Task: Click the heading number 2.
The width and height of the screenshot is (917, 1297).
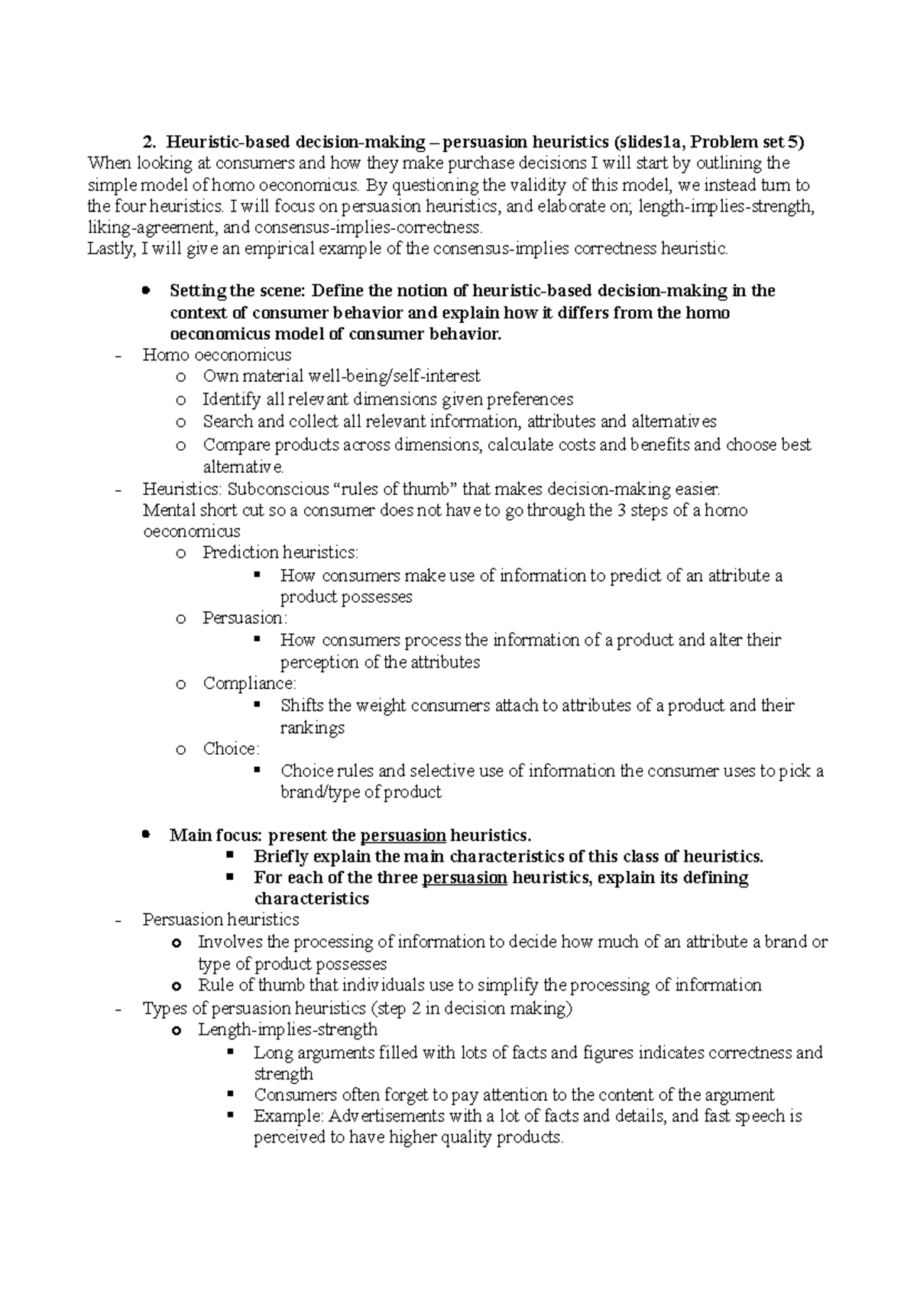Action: [149, 142]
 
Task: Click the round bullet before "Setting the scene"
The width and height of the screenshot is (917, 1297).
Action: [145, 291]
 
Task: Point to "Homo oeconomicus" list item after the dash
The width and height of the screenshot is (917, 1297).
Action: [217, 354]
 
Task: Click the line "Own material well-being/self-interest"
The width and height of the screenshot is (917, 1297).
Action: [341, 377]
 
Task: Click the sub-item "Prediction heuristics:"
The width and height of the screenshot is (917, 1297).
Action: [280, 552]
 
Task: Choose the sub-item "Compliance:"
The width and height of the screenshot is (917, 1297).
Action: [249, 684]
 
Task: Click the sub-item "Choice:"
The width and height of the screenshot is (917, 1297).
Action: [231, 749]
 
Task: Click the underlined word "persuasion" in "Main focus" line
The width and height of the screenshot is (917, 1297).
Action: [403, 836]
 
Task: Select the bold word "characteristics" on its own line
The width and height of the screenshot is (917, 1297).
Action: [311, 899]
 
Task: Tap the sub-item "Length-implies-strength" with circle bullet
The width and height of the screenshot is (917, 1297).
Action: [287, 1030]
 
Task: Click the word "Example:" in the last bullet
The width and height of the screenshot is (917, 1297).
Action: [289, 1116]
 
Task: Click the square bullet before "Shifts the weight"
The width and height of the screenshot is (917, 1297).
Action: [257, 704]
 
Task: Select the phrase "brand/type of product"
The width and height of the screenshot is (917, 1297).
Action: [361, 792]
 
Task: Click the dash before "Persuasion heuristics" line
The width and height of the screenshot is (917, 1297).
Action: [117, 921]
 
